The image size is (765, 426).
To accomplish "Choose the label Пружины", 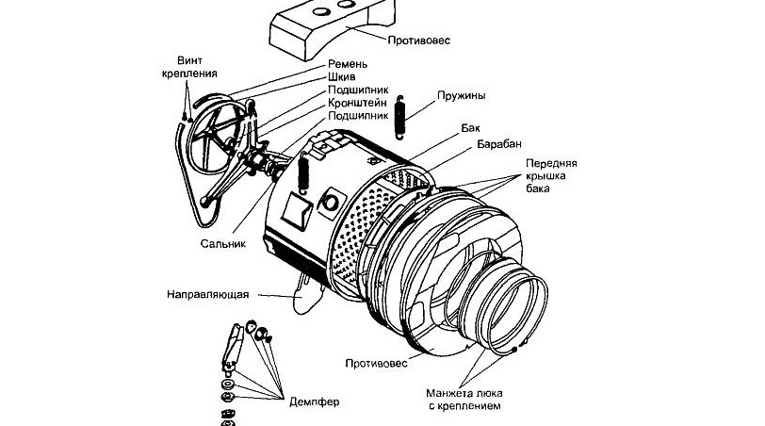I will [x=463, y=95].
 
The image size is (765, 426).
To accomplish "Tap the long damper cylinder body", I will [x=230, y=348].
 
